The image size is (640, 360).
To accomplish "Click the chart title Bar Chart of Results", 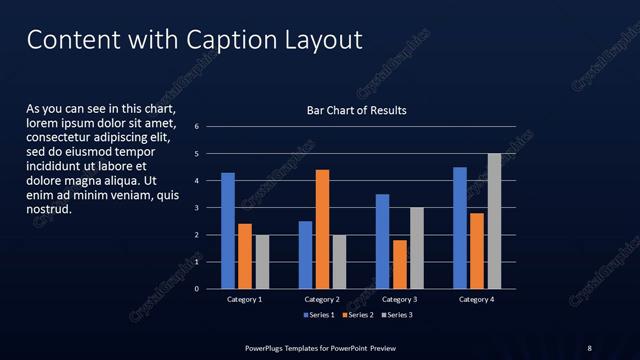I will point(356,110).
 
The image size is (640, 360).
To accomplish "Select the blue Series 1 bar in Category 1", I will point(228,231).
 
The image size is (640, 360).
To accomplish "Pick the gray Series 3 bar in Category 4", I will point(494,221).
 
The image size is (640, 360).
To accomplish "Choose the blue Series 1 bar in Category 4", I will point(460,228).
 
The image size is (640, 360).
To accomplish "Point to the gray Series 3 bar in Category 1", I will point(262,262).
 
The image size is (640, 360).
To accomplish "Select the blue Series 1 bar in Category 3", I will point(382,241).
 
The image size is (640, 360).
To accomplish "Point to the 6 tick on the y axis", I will point(197,127).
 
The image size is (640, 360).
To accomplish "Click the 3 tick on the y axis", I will point(197,208).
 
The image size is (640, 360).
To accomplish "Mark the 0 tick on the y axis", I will point(197,289).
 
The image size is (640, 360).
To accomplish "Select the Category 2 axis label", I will point(322,299).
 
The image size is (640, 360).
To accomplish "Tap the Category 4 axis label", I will point(477,299).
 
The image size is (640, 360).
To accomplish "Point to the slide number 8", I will point(589,347).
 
